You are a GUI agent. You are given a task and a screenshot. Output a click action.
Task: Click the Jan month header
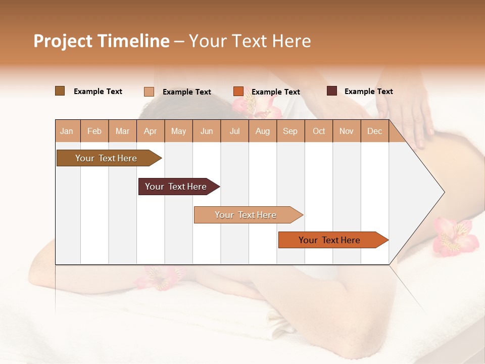click(x=67, y=131)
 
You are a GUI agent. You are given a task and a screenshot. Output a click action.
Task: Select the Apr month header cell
click(x=151, y=131)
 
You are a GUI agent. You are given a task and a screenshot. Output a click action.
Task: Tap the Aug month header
click(x=263, y=131)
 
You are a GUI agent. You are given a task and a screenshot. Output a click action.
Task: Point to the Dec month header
click(x=374, y=131)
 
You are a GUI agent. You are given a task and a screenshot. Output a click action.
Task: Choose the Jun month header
click(x=207, y=131)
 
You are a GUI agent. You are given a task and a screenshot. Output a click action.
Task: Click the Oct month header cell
click(x=319, y=131)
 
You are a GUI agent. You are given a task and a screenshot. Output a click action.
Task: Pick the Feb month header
click(x=94, y=131)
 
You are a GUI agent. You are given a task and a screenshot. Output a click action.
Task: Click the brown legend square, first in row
click(x=60, y=91)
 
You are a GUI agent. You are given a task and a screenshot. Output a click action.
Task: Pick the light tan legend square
click(x=149, y=92)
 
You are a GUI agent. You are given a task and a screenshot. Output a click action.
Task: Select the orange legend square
click(x=238, y=92)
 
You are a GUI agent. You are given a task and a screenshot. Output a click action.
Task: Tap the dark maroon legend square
click(x=331, y=91)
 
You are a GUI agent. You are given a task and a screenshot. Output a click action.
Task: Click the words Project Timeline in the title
click(x=101, y=41)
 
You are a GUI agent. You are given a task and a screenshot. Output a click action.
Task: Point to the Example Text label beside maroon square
click(x=368, y=92)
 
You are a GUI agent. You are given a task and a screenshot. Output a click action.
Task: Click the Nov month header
click(x=347, y=131)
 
